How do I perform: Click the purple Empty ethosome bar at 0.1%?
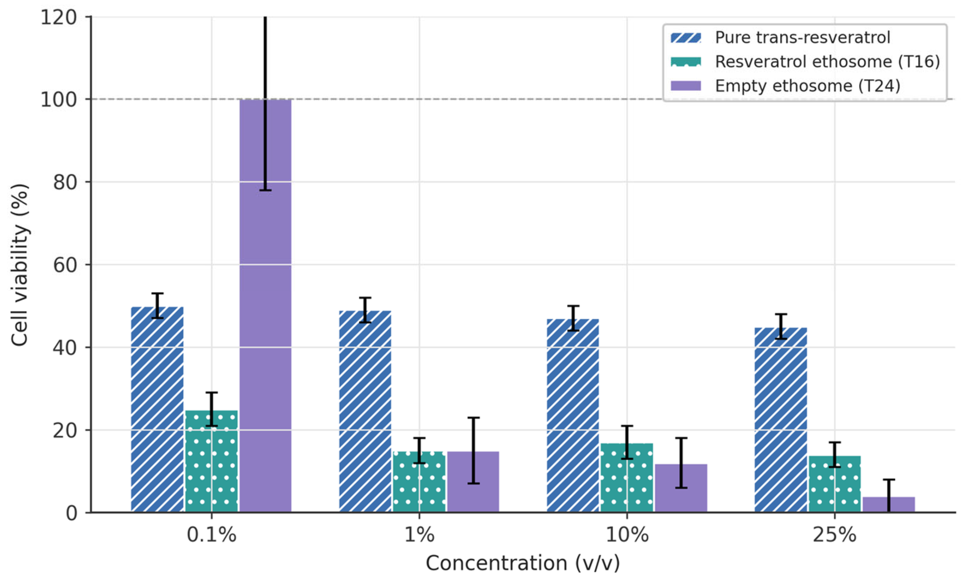[265, 306]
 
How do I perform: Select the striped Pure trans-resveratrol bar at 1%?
[365, 411]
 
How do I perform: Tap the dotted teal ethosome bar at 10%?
[627, 478]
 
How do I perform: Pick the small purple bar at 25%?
[889, 504]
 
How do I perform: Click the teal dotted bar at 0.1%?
[211, 461]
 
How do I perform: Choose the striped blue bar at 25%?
[781, 420]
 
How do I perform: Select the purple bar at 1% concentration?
[473, 482]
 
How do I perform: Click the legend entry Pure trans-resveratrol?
[803, 37]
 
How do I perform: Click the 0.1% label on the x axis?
[211, 535]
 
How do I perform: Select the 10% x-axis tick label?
[627, 535]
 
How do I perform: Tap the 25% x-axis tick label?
[834, 535]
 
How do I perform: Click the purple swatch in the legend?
[686, 86]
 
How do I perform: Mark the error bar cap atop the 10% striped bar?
[573, 306]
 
